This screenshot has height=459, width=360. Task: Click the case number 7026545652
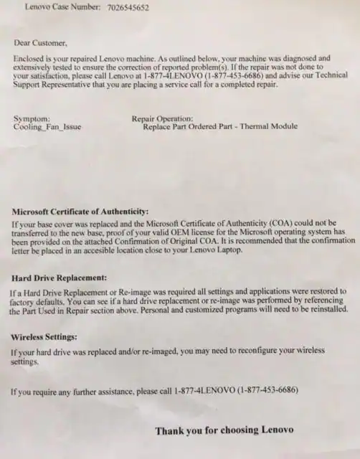127,8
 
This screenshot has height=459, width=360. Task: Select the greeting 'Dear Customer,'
40,43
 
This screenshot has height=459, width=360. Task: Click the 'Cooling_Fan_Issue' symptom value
47,127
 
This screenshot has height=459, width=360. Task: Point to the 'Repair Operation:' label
162,118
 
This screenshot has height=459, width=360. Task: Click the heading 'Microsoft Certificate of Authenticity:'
80,212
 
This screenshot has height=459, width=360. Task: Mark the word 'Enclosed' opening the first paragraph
30,58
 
